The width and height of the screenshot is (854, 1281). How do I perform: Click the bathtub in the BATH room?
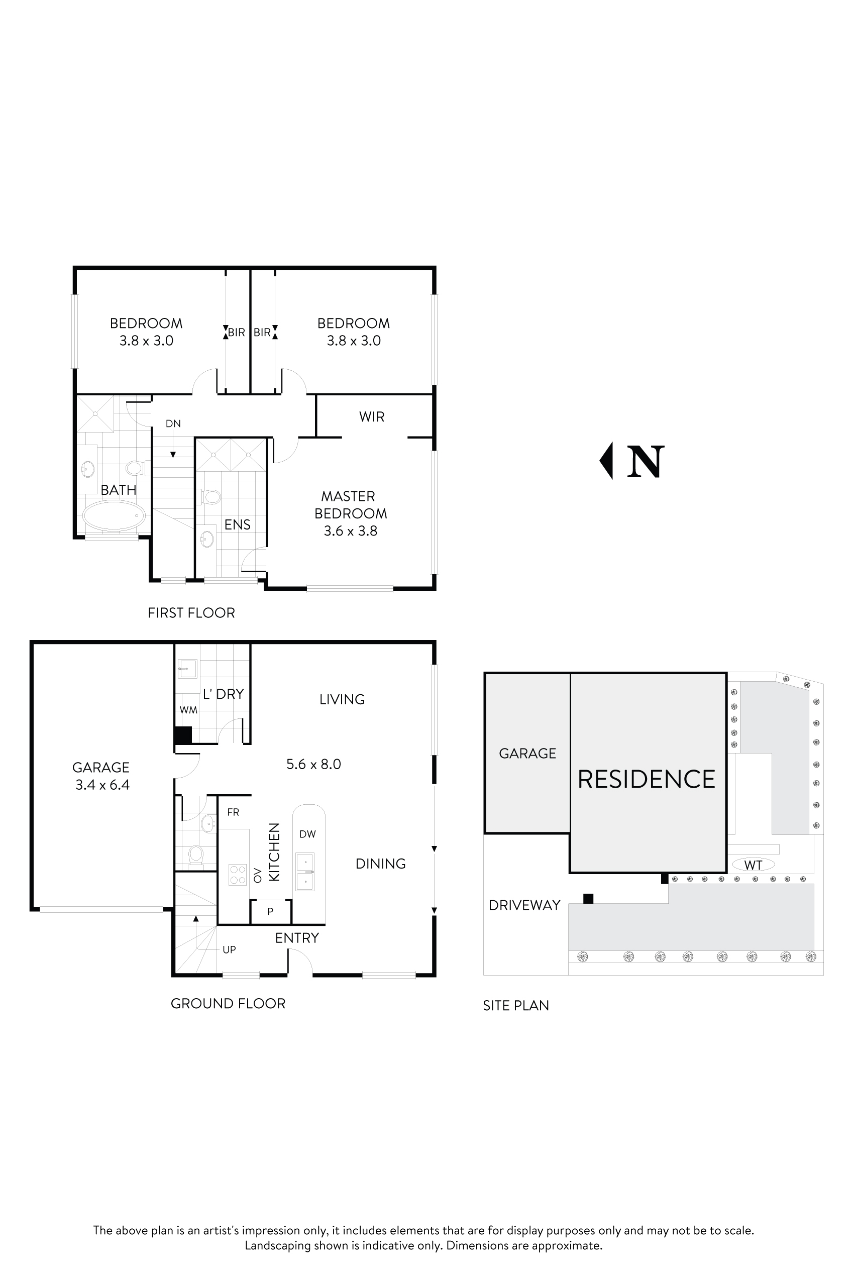click(x=114, y=515)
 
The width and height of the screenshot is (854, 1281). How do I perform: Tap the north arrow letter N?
click(x=646, y=462)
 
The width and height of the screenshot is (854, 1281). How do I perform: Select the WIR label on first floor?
click(x=371, y=416)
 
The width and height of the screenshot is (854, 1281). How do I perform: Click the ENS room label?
click(x=238, y=524)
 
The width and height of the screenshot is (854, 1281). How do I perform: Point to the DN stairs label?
click(x=173, y=423)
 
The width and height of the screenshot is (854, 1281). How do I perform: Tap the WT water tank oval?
click(x=753, y=865)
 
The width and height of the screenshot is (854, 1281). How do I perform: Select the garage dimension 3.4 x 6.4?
click(x=102, y=785)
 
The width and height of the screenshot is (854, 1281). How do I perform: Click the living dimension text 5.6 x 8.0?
click(x=313, y=764)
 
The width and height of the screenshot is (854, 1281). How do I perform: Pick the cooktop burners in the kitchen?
click(x=238, y=875)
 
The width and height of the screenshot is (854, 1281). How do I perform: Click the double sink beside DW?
click(x=305, y=872)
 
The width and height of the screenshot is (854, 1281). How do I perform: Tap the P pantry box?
click(x=271, y=911)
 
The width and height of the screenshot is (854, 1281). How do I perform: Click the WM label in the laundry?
click(x=188, y=710)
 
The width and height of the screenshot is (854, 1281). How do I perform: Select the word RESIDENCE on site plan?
click(x=647, y=779)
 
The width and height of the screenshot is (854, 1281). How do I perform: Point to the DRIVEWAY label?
click(x=524, y=905)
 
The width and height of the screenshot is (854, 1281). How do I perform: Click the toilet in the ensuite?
click(x=211, y=497)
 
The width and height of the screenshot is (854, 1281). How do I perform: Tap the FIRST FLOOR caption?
click(x=191, y=613)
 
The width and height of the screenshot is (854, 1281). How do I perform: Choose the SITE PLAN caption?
click(x=515, y=1005)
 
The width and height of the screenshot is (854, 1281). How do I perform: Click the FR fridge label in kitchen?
click(x=233, y=812)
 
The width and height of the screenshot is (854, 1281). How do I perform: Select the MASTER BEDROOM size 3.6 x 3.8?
click(x=350, y=531)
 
